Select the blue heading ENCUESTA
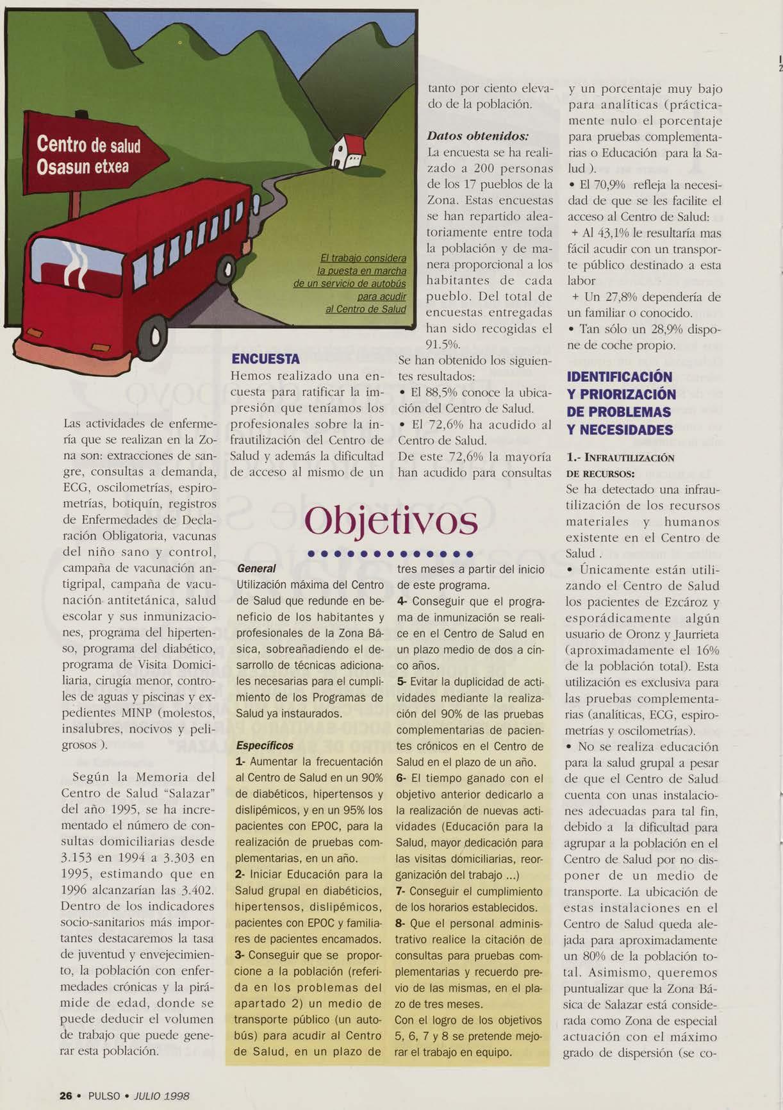click(x=265, y=359)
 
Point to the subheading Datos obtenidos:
click(x=478, y=137)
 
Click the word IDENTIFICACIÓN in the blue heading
click(x=620, y=377)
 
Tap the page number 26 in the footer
click(x=65, y=1095)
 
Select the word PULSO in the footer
click(x=104, y=1095)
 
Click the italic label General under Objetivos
click(x=256, y=568)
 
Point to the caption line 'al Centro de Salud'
click(x=366, y=309)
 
